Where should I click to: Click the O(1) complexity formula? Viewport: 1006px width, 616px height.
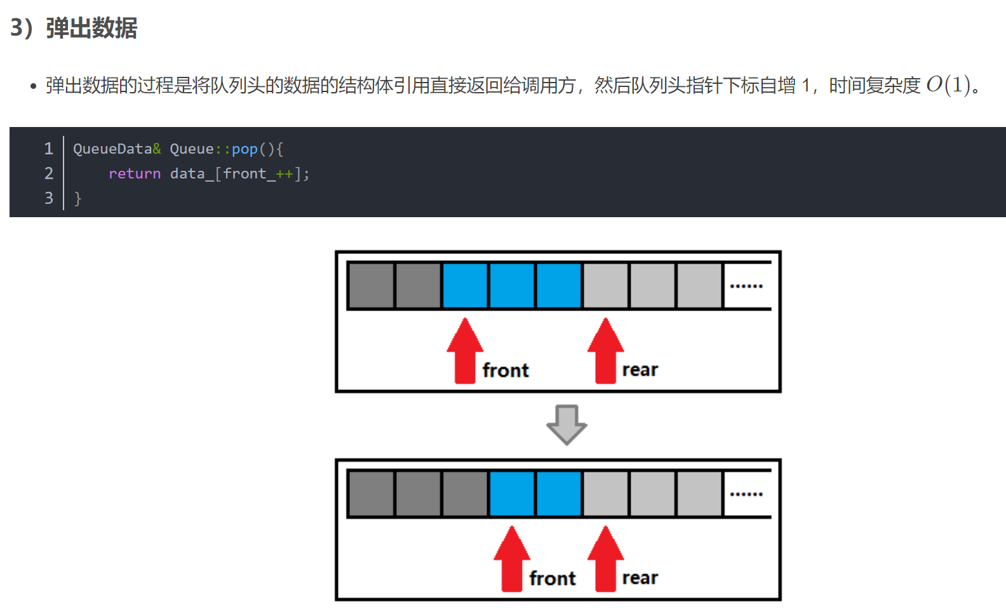(x=948, y=84)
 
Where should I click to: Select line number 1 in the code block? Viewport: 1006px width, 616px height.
(x=48, y=149)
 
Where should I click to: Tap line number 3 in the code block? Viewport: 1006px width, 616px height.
(x=48, y=198)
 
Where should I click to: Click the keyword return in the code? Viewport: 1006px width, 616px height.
(x=135, y=173)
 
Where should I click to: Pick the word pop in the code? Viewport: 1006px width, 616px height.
(x=245, y=149)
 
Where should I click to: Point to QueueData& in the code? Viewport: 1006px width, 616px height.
(x=117, y=149)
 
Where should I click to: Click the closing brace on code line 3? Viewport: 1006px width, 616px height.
(x=78, y=199)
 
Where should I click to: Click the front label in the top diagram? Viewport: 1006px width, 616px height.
(x=506, y=370)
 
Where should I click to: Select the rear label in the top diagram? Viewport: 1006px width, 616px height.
(x=640, y=370)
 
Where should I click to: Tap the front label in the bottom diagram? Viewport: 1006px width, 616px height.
(x=553, y=579)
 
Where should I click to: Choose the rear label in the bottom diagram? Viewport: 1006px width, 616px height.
(x=640, y=578)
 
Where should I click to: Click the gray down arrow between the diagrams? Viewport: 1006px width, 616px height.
(x=567, y=425)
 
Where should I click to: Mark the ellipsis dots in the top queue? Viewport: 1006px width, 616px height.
(x=746, y=286)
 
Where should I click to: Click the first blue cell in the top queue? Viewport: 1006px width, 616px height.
(x=465, y=286)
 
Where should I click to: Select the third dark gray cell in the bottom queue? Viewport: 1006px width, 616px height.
(x=465, y=494)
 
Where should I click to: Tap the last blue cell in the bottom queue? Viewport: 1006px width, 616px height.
(x=559, y=494)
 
